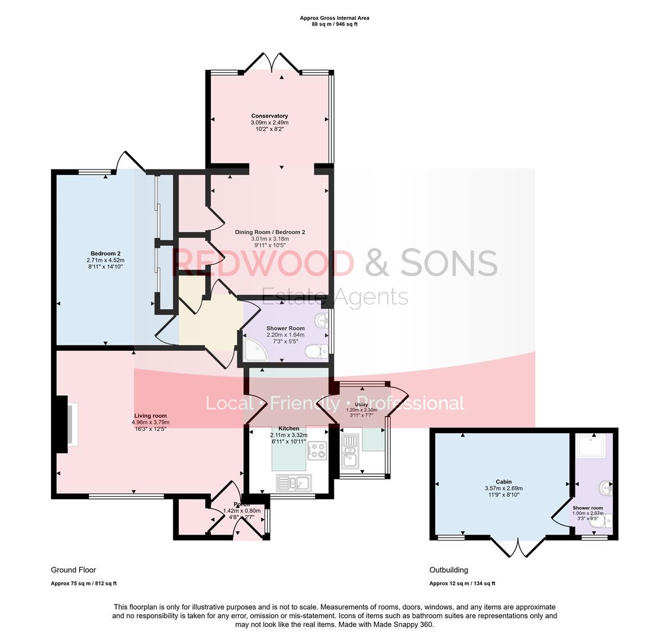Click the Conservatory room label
[269, 116]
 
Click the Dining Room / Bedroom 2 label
[269, 232]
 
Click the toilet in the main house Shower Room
[317, 352]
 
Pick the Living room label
[150, 415]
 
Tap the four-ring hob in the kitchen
[317, 450]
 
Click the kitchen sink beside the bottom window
[292, 483]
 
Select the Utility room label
[361, 405]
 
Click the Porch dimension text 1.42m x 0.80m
[242, 510]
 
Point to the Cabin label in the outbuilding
[503, 482]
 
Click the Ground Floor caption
[73, 570]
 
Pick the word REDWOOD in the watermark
[262, 263]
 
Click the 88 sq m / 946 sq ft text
[335, 24]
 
